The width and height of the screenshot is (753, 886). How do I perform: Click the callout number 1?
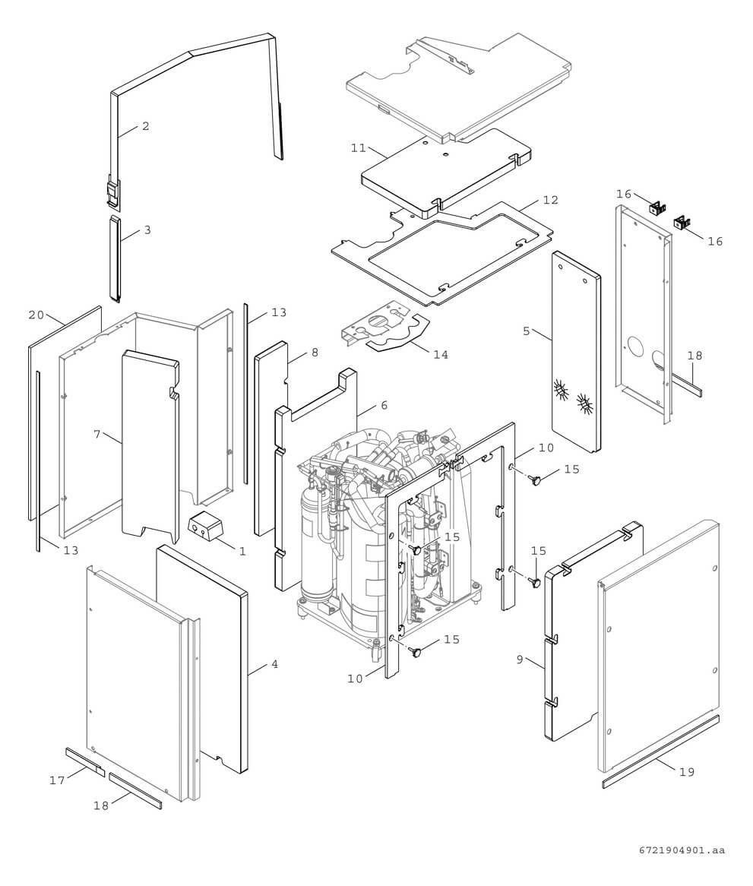tap(242, 552)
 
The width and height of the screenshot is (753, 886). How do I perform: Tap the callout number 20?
tap(36, 315)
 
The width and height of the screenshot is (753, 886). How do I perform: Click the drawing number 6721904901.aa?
tap(682, 850)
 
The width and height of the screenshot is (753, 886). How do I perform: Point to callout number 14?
tap(441, 355)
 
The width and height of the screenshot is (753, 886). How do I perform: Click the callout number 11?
tap(359, 148)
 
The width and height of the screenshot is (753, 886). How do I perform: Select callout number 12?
tap(551, 200)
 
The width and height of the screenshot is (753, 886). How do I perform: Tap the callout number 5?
tap(526, 331)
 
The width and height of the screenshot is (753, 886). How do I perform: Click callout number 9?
tap(520, 660)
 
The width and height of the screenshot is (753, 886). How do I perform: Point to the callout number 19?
tap(687, 772)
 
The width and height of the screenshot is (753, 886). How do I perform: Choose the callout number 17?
tap(57, 780)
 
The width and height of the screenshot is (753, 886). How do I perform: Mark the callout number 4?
tap(274, 664)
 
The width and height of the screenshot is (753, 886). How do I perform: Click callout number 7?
tap(96, 434)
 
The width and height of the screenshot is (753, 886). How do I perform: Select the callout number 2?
tap(145, 126)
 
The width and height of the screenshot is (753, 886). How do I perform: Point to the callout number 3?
tap(147, 229)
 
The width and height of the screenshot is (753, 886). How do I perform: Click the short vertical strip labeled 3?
tap(115, 258)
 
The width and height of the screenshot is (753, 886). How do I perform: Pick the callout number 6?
tap(384, 406)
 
